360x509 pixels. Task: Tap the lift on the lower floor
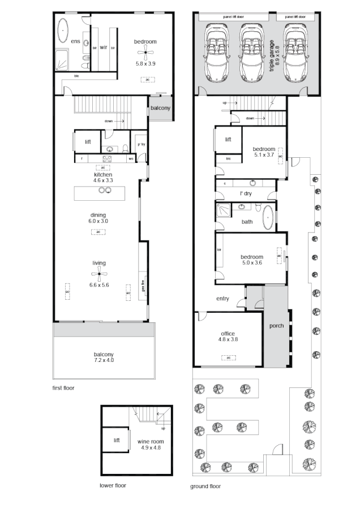117,441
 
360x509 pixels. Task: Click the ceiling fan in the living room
100,275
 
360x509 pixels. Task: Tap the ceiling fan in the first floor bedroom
145,54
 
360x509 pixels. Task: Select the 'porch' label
276,325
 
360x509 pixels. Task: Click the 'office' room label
228,334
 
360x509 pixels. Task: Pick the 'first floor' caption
62,388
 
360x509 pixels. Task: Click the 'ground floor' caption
206,486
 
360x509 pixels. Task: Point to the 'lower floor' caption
113,485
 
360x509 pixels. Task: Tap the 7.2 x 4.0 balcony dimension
103,360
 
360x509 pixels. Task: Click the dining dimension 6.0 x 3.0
98,221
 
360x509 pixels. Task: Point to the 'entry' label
222,299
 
